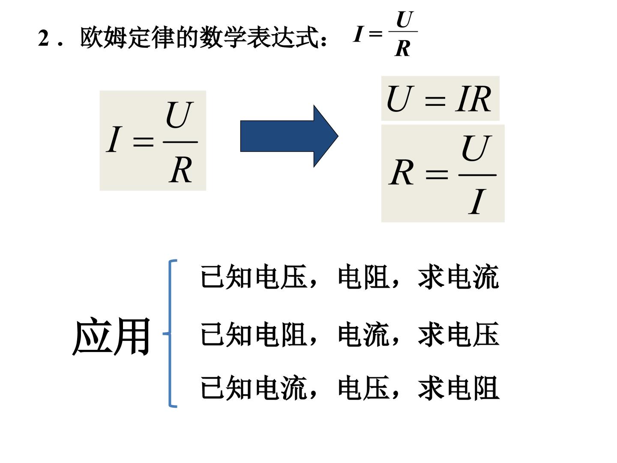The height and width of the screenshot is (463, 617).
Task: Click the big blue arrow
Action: point(289,136)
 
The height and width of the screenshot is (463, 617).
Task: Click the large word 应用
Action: point(111,337)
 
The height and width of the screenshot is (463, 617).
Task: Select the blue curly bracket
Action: point(170,334)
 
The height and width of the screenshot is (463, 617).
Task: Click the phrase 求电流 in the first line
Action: point(458,277)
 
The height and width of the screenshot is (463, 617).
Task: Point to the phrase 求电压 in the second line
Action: point(458,334)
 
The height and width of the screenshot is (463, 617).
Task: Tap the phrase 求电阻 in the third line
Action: point(458,388)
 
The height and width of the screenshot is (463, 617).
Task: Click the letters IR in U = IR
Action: point(473,99)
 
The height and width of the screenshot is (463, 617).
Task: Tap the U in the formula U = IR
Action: point(400,99)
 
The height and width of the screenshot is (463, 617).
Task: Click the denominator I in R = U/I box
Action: point(477,201)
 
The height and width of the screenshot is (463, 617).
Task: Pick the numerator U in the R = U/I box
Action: point(476,148)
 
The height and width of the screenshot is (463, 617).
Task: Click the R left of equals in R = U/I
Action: point(401,172)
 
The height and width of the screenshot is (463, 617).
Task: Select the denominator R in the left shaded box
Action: point(181,170)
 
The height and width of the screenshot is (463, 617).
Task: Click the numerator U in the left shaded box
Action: point(180,115)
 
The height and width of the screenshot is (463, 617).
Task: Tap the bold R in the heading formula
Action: point(402,48)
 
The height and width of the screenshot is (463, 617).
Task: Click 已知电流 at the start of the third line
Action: point(254,388)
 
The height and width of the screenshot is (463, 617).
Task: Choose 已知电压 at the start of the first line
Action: point(254,277)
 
